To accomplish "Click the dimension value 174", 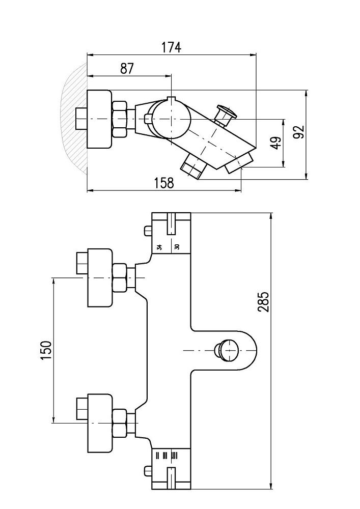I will click(171, 47).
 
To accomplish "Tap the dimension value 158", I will click(164, 183).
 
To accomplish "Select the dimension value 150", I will click(46, 350).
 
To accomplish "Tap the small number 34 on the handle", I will click(159, 247).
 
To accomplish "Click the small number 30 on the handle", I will click(177, 247).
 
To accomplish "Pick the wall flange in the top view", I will click(99, 119).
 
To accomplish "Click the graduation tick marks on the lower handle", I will click(168, 455).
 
